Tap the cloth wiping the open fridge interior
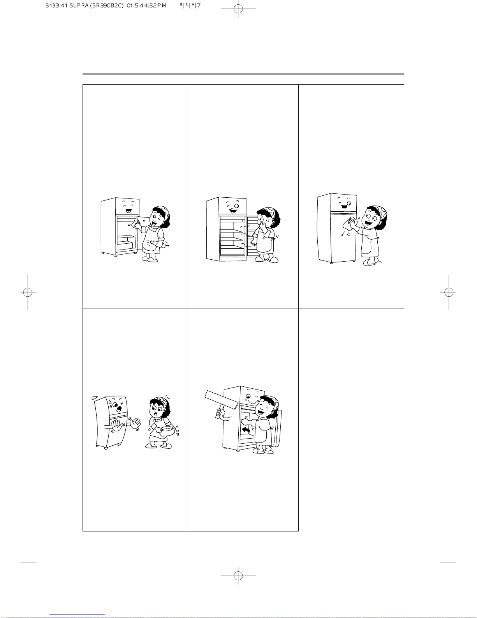(x=143, y=221)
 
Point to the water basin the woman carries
(x=168, y=430)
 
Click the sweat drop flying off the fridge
(x=95, y=397)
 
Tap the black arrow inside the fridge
(x=246, y=430)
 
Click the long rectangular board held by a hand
(x=221, y=399)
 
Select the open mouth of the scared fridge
(x=119, y=409)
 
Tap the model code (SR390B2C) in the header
(x=106, y=5)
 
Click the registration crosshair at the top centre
(x=238, y=9)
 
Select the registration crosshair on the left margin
(x=28, y=292)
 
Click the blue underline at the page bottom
(x=77, y=614)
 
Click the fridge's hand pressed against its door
(x=117, y=426)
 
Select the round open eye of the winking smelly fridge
(x=236, y=205)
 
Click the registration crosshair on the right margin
(x=448, y=292)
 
